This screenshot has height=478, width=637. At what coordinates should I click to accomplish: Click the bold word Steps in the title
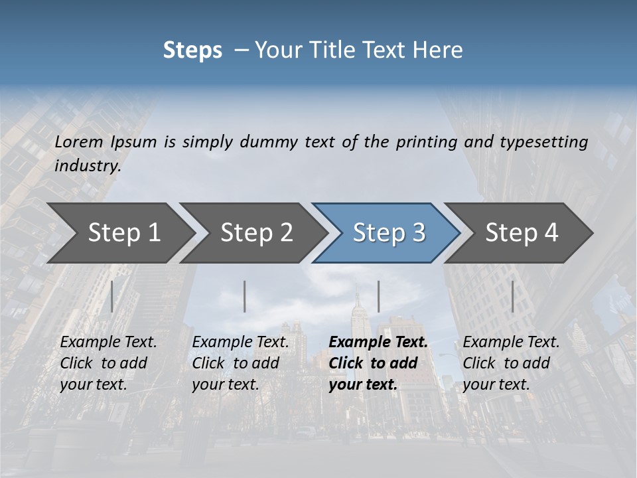[192, 50]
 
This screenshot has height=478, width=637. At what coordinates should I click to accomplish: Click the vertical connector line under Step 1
[112, 296]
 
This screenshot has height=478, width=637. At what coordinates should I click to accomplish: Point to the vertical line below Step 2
[245, 296]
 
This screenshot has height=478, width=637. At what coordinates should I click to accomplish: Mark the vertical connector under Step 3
[378, 296]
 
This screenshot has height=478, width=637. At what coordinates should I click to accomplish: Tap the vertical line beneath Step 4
[512, 296]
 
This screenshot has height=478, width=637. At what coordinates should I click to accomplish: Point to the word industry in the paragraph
[87, 165]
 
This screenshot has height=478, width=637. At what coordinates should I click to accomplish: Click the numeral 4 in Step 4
[551, 232]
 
